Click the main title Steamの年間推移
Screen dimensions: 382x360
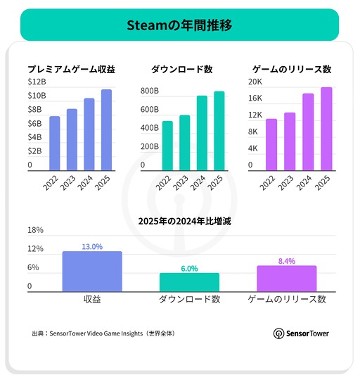tap(179, 25)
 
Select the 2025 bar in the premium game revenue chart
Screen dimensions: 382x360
tap(106, 130)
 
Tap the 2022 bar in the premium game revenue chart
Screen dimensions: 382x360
tap(54, 143)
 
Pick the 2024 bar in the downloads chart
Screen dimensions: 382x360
tap(202, 133)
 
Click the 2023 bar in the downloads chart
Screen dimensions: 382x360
tap(184, 143)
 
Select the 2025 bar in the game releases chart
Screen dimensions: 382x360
tap(326, 129)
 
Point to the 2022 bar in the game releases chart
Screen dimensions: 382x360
tap(271, 144)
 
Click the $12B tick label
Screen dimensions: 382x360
tap(37, 82)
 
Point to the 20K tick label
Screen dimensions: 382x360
tap(256, 82)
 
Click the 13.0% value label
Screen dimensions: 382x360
tap(92, 247)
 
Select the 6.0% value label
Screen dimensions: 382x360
tap(189, 269)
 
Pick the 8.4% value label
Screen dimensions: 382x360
tap(287, 261)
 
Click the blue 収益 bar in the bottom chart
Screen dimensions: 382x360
tap(92, 272)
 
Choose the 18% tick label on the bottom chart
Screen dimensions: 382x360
tap(35, 230)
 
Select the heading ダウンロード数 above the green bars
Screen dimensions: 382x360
tap(181, 69)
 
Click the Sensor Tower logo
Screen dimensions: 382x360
tap(301, 333)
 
